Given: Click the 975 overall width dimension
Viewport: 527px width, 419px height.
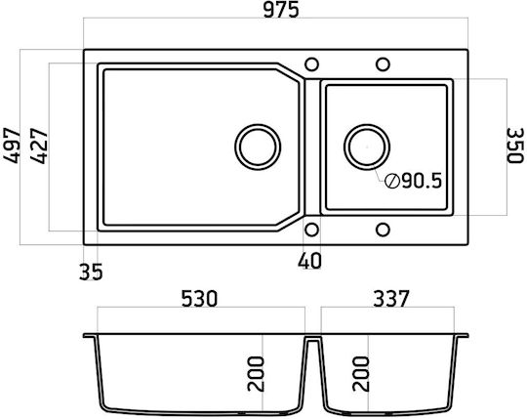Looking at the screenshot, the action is pyautogui.click(x=281, y=10).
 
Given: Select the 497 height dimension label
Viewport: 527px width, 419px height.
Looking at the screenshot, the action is pyautogui.click(x=11, y=146).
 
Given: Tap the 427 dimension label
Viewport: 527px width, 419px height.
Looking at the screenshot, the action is pyautogui.click(x=39, y=146).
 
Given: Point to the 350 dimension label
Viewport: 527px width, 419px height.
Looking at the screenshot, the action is pyautogui.click(x=515, y=146).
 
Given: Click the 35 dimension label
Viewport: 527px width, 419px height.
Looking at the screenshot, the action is pyautogui.click(x=91, y=272).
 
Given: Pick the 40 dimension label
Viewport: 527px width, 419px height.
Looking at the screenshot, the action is pyautogui.click(x=309, y=261).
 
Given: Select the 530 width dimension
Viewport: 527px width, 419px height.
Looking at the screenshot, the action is pyautogui.click(x=199, y=298).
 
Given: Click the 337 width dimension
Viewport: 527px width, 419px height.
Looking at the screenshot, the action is pyautogui.click(x=391, y=298).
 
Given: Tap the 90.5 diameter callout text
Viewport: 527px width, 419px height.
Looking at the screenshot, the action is pyautogui.click(x=422, y=182).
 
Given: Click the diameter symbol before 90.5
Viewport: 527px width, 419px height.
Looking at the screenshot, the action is pyautogui.click(x=392, y=182).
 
